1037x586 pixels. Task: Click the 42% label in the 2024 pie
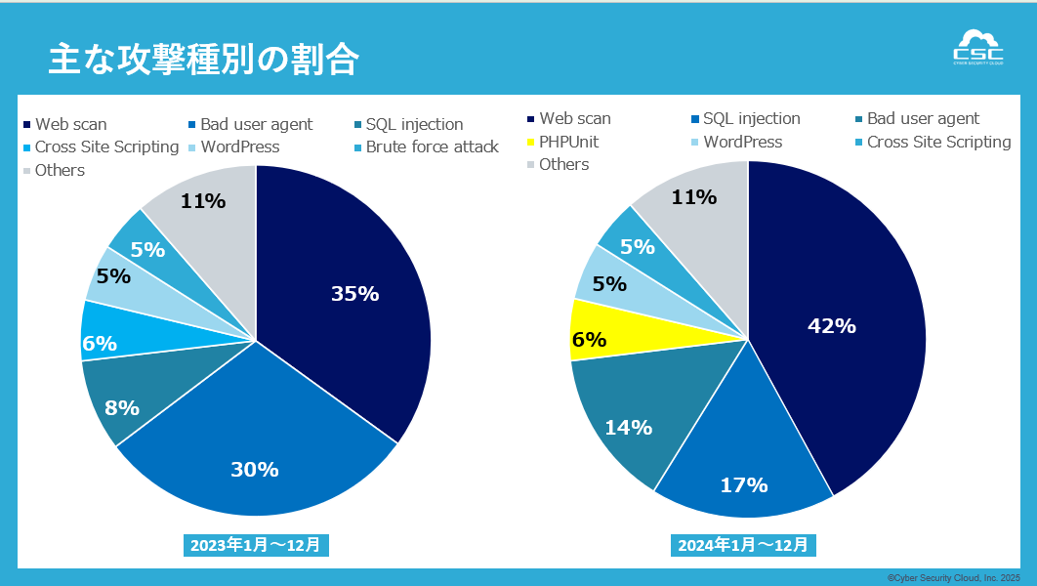point(832,326)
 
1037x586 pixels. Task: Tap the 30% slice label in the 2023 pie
point(255,469)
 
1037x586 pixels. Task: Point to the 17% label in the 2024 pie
point(744,484)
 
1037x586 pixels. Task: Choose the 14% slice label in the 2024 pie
point(628,427)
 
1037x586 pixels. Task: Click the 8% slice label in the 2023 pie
point(122,408)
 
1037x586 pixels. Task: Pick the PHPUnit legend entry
point(569,142)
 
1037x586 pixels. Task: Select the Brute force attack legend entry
point(432,147)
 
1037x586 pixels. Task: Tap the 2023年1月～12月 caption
point(256,545)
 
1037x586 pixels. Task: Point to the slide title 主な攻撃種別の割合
point(203,60)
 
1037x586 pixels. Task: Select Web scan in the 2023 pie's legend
point(70,124)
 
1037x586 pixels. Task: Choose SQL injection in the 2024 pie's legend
point(751,119)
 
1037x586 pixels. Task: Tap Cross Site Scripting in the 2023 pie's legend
point(106,147)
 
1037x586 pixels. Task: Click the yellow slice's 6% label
point(589,339)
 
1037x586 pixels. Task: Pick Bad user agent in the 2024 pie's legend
point(923,119)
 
